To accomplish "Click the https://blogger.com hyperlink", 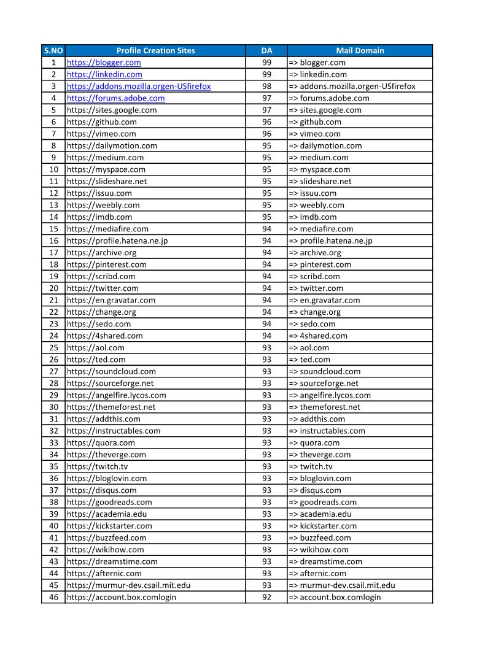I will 104,63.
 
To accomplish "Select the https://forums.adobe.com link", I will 115,98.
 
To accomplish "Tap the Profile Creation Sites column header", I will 155,50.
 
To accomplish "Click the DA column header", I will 266,50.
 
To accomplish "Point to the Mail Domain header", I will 360,50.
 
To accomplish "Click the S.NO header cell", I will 53,50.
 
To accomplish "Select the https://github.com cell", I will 102,122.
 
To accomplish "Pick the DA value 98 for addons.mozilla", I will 266,87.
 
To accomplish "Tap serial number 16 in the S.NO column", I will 53,241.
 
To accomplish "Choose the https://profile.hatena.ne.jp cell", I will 117,241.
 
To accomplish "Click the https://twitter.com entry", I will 103,288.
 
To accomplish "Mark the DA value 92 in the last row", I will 266,597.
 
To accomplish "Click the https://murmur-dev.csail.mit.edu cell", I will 128,585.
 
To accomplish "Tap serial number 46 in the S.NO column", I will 53,597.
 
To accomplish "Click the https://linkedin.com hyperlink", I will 104,74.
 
